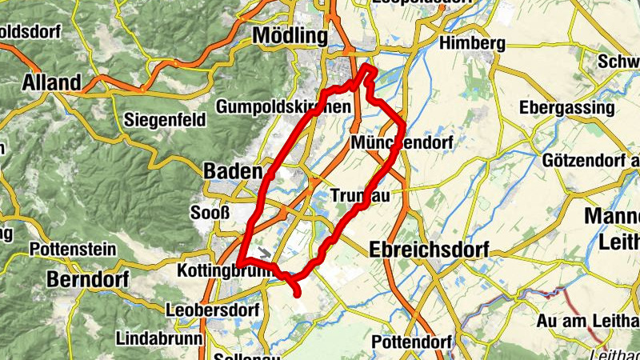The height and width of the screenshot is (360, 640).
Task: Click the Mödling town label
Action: [290, 36]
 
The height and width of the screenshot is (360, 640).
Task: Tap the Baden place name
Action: [233, 171]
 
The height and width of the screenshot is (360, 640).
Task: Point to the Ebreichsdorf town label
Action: [429, 250]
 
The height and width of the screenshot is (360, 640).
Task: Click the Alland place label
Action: [52, 82]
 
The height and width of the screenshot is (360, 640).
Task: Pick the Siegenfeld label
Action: [166, 120]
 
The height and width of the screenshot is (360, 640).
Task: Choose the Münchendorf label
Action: [402, 142]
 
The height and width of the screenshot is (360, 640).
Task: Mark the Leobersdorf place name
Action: [211, 309]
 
